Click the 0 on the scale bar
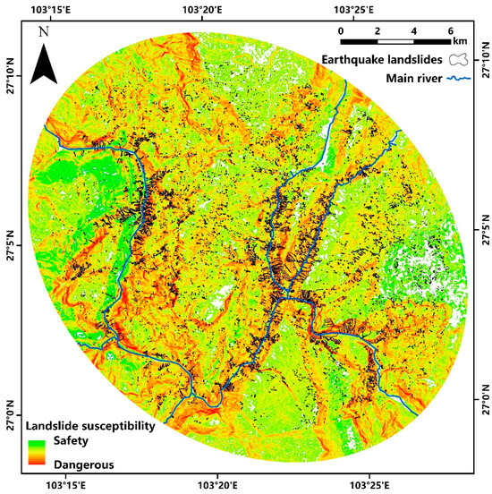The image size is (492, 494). [341, 30]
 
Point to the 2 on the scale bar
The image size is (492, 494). [377, 30]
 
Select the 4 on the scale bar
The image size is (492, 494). [414, 30]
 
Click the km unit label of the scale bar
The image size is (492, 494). [460, 41]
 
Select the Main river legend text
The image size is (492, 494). [416, 78]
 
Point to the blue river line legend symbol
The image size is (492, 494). [459, 78]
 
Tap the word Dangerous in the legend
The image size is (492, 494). [83, 464]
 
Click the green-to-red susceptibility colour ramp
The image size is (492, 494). [36, 453]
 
